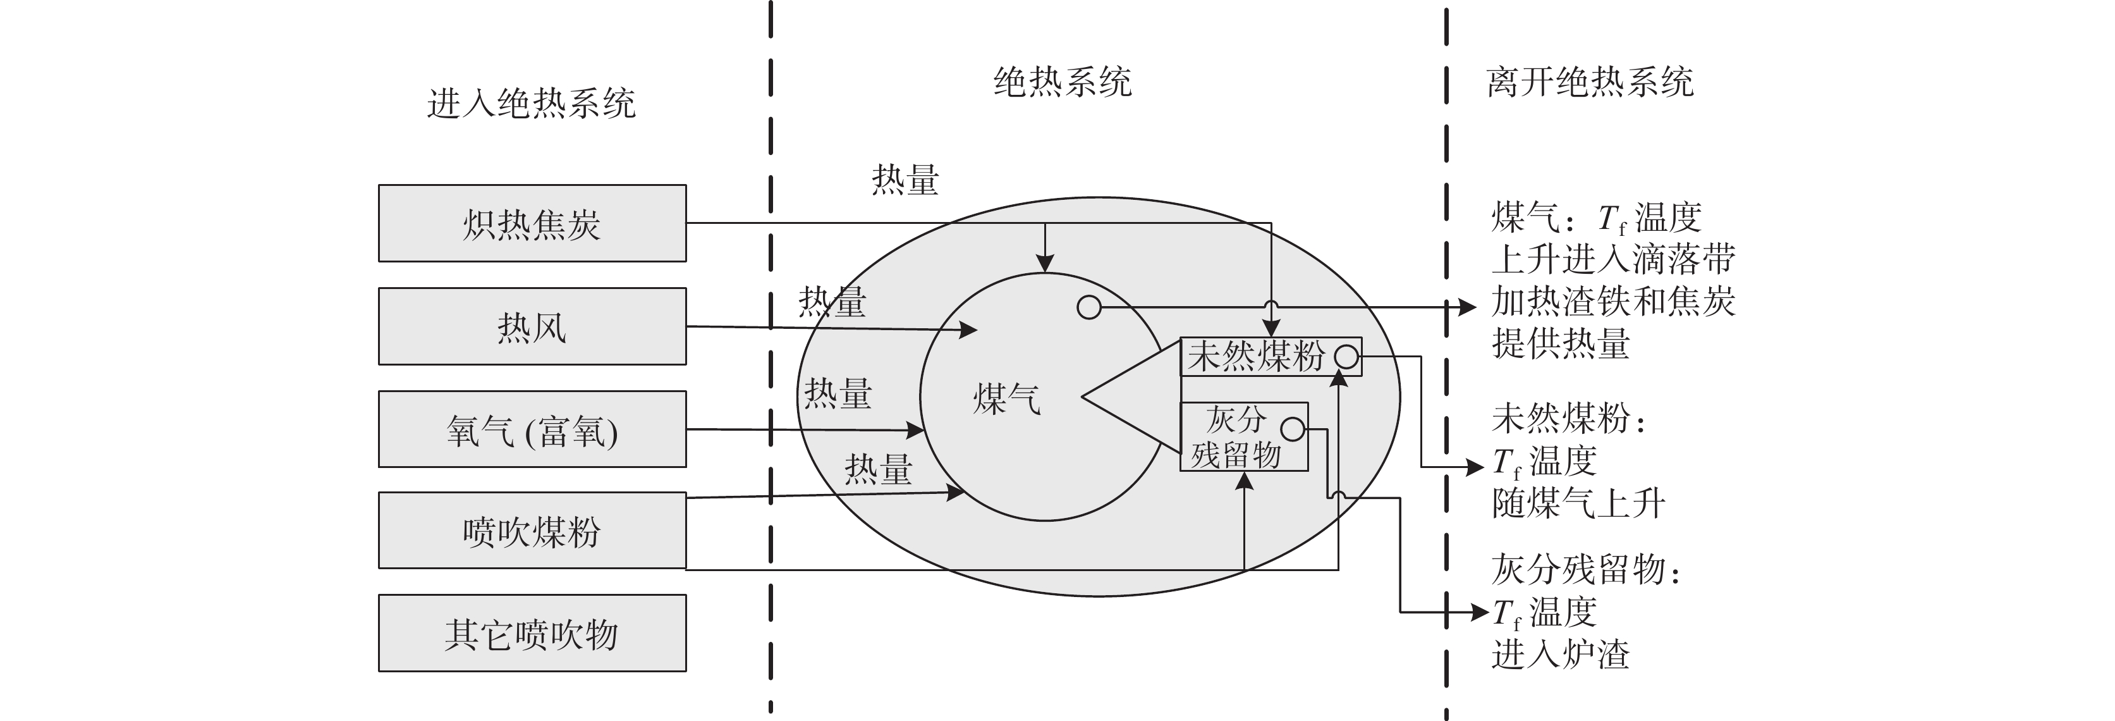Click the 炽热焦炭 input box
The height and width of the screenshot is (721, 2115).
pos(532,223)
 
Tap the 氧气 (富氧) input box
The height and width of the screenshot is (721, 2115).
pos(532,429)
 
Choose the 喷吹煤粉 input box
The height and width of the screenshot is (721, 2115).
pos(532,531)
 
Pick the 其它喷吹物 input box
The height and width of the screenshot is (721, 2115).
pos(532,633)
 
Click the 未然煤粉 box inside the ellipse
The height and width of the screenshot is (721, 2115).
pos(1256,357)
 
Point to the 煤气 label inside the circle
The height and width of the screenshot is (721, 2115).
pos(1006,400)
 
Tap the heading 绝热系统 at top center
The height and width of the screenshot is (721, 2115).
pos(1063,82)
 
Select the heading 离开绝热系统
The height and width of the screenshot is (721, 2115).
pos(1590,82)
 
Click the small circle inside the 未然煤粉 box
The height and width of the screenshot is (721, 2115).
pos(1346,357)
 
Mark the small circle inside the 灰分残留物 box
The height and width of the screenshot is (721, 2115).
pos(1292,429)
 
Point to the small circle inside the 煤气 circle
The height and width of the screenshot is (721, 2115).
pos(1088,307)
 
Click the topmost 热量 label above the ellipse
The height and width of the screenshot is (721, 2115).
pos(905,179)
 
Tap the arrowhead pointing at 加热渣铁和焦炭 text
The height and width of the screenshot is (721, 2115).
pos(1467,307)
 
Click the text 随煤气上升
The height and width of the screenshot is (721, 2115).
pos(1578,503)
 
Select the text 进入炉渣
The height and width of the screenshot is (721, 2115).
pos(1560,655)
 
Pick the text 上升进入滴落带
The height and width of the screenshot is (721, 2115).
pos(1613,259)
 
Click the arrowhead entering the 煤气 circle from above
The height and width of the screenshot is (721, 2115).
pos(1044,262)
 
